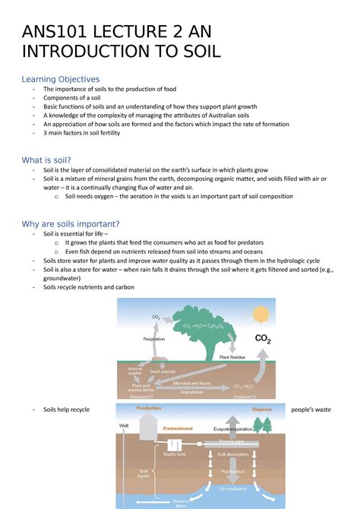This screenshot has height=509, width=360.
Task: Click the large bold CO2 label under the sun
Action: point(262,339)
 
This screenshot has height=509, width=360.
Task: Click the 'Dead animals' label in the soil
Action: point(163,371)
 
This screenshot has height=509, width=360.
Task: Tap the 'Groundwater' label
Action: point(233,488)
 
